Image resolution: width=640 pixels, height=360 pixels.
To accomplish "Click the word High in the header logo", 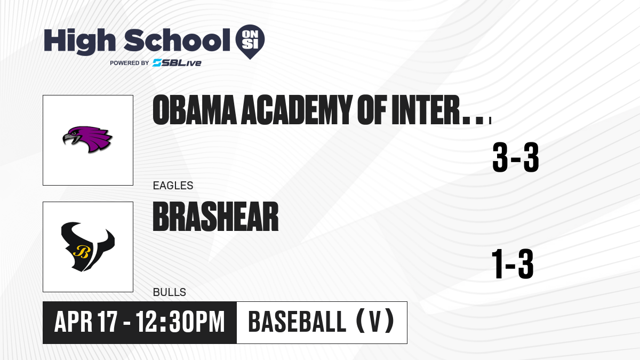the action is [79, 42].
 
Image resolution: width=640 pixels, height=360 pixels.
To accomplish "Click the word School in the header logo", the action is [177, 40].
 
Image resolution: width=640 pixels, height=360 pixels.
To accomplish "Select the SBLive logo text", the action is [177, 63].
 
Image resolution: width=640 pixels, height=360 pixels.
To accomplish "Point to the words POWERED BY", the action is [130, 63].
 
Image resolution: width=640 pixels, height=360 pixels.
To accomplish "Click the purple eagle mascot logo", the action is [87, 139].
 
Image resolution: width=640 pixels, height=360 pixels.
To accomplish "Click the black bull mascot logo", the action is [87, 246].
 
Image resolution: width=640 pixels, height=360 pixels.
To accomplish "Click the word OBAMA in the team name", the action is [195, 110].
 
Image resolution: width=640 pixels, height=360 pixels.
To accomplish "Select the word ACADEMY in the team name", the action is [297, 110].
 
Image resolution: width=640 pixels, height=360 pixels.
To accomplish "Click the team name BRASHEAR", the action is [215, 217].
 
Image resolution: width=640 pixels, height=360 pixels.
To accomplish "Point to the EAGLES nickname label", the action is [173, 186].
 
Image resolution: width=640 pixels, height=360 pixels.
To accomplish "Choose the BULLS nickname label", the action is [170, 292].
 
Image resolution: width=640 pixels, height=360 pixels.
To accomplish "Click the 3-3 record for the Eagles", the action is [516, 157].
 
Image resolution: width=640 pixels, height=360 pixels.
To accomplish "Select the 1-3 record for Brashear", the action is [513, 263].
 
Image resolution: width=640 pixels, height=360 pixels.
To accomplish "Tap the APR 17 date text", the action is [86, 322].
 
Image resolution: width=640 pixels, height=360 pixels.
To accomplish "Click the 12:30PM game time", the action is [180, 322].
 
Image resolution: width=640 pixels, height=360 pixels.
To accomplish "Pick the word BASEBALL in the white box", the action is [298, 322].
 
